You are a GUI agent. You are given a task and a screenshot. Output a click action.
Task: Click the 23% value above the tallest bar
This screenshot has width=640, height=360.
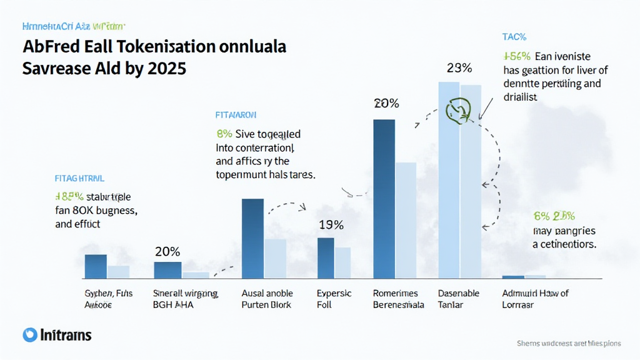(459, 68)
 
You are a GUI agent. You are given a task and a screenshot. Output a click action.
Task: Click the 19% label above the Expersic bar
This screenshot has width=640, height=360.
(330, 225)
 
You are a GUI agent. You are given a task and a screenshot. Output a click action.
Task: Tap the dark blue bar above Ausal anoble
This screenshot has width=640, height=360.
(252, 238)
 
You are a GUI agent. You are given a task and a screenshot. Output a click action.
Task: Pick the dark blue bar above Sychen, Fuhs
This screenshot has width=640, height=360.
(96, 266)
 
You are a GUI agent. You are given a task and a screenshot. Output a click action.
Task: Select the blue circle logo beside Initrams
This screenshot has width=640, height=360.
(29, 335)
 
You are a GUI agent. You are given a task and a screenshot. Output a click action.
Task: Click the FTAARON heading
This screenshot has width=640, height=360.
(236, 116)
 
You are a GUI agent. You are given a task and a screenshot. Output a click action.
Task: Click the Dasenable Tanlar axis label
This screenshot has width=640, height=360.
(459, 299)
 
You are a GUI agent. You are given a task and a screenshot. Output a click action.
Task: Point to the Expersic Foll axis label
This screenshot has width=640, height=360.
(334, 299)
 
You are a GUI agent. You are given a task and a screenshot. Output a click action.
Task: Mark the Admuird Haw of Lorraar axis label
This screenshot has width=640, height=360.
(536, 299)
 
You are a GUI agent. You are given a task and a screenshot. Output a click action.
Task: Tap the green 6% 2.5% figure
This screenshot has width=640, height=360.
(554, 216)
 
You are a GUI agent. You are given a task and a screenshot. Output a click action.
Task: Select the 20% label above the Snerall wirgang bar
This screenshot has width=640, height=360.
(167, 252)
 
